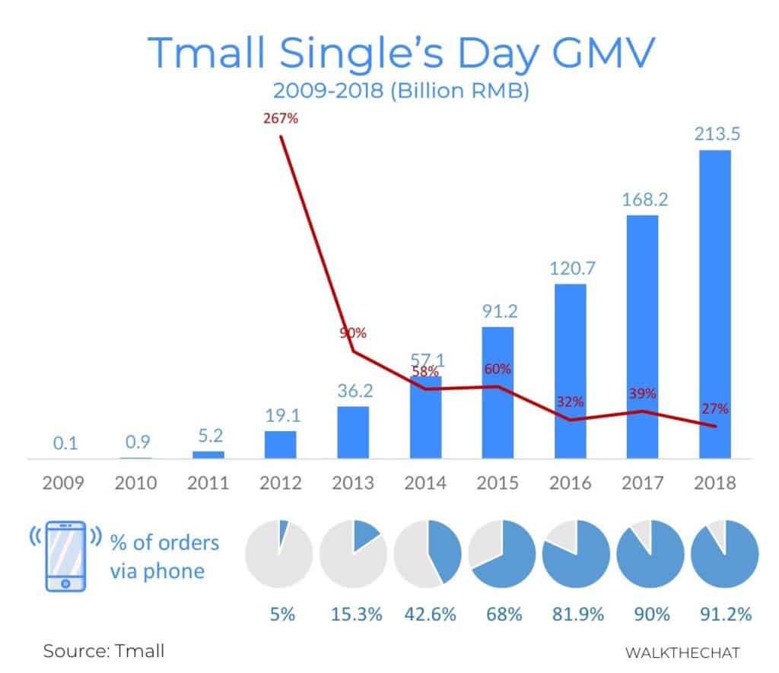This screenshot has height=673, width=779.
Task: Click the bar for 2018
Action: coord(714,304)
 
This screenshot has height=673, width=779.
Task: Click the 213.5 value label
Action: coord(714,135)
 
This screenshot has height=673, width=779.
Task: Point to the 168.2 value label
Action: coord(642,199)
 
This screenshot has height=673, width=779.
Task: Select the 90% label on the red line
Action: coord(353,333)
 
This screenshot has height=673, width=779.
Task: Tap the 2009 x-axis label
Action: coord(64,483)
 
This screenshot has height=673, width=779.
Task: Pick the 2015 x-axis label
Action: coord(498,483)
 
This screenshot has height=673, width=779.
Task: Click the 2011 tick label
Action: coord(208,483)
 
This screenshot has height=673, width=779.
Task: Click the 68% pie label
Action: coord(503,614)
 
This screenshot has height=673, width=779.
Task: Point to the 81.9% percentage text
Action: coord(577,614)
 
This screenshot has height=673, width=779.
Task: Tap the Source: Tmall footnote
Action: coord(103,651)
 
